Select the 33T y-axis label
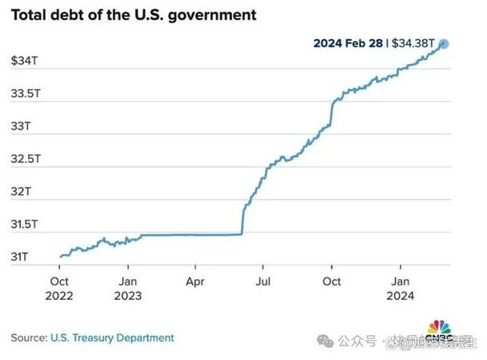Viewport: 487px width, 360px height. [22, 127]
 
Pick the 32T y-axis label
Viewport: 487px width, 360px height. [22, 192]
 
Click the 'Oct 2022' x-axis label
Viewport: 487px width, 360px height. [59, 289]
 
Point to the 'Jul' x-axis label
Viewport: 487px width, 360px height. [263, 281]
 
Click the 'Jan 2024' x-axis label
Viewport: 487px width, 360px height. [400, 289]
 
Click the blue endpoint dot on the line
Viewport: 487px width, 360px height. [444, 44]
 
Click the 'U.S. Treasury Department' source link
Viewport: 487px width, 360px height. [112, 338]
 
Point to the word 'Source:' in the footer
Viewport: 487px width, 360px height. [30, 338]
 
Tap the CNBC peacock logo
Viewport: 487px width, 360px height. [437, 330]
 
